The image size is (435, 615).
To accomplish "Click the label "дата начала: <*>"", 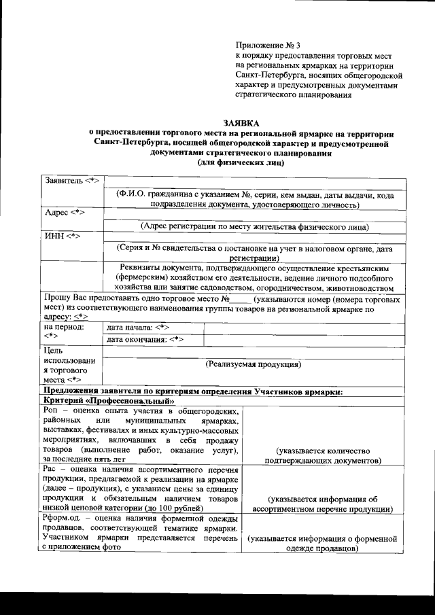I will pos(138,328).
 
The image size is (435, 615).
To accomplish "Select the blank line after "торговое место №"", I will pos(237,298).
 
